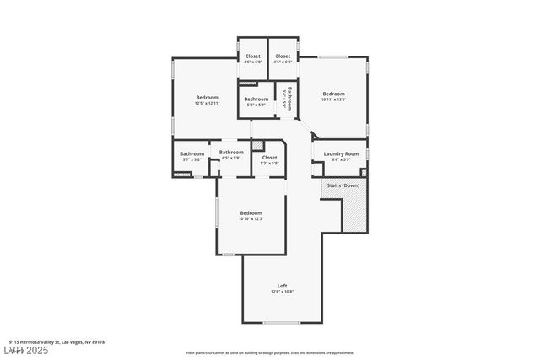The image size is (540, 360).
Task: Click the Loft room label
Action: [x=282, y=285]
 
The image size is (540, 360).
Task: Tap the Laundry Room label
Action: [x=340, y=153]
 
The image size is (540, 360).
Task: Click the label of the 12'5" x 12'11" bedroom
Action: [x=207, y=97]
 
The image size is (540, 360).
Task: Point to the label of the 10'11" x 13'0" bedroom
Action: [x=333, y=94]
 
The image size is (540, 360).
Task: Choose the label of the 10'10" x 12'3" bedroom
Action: [x=251, y=212]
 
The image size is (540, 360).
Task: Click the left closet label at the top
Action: [x=252, y=56]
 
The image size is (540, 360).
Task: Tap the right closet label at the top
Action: [x=283, y=56]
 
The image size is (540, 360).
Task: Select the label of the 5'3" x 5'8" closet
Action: [x=269, y=157]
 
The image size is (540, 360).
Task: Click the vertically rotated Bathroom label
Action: [x=289, y=99]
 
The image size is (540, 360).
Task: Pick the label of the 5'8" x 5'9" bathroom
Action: [x=256, y=99]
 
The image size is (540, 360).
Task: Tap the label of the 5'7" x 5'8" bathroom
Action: [x=192, y=153]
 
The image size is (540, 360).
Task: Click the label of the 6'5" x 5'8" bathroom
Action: [x=231, y=153]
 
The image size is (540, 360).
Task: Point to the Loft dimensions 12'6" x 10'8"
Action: [x=282, y=292]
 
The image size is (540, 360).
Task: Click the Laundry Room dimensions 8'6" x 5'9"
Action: [x=340, y=159]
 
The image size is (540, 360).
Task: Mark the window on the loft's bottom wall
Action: [x=281, y=322]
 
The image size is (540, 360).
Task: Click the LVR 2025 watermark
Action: [x=26, y=349]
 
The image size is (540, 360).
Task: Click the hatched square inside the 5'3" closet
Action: [x=258, y=146]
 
